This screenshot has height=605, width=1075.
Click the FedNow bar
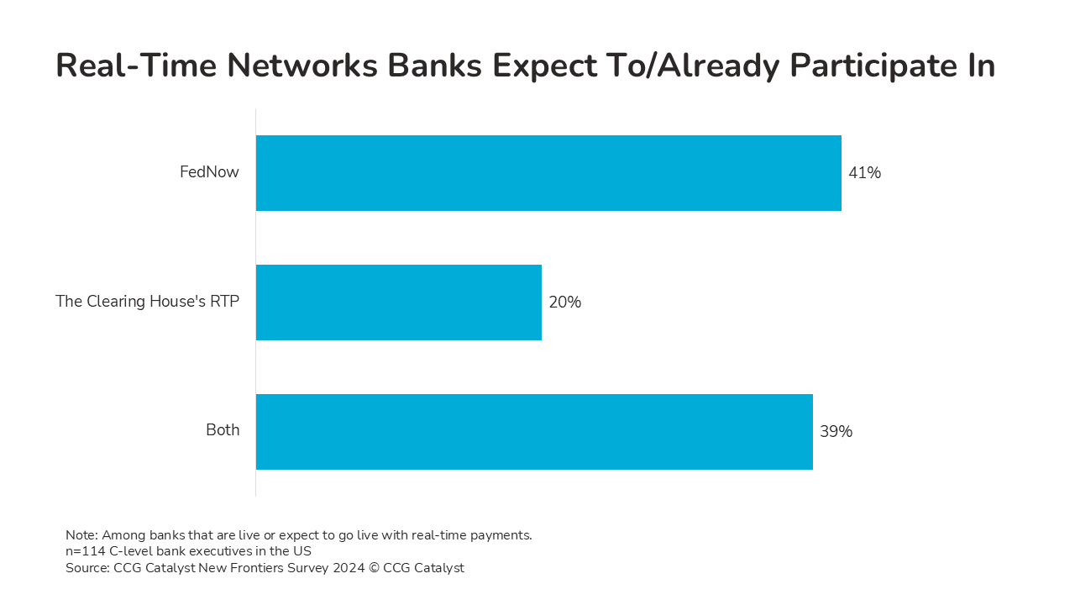[x=548, y=173]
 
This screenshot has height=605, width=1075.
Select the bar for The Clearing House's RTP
[x=399, y=302]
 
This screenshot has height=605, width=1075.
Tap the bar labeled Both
[x=534, y=432]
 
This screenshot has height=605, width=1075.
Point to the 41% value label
[x=865, y=173]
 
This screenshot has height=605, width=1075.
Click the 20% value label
[x=565, y=302]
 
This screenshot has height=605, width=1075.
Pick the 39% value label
[x=836, y=431]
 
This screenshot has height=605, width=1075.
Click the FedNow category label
[x=209, y=172]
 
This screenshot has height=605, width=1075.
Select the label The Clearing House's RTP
[x=147, y=301]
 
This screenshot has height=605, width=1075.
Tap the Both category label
[x=223, y=429]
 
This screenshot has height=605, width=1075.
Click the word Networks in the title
[x=302, y=66]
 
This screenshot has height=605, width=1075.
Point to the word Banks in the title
[x=434, y=66]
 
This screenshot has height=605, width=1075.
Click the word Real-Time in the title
[x=136, y=66]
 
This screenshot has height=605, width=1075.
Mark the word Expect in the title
[x=545, y=66]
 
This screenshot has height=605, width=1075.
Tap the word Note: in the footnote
[x=81, y=535]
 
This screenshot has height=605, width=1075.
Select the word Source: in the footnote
[x=88, y=568]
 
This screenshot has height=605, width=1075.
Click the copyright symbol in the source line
[x=374, y=568]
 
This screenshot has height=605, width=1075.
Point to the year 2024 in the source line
[x=349, y=568]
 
